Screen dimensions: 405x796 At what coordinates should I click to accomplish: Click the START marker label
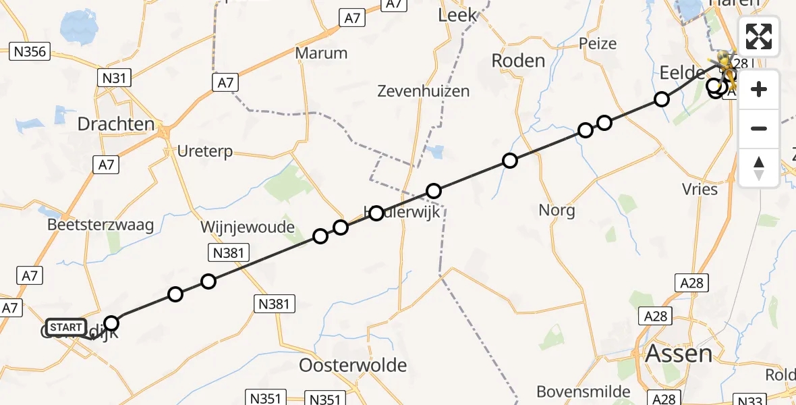(65, 328)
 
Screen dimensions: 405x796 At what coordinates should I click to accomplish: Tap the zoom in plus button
(759, 89)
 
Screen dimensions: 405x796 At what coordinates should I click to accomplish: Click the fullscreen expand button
(759, 36)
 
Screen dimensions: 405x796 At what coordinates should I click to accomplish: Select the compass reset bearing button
(759, 167)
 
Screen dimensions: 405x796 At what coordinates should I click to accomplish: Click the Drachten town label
(116, 124)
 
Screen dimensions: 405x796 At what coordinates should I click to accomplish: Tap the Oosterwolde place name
(353, 366)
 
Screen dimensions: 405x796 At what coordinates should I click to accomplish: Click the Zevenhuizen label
(423, 90)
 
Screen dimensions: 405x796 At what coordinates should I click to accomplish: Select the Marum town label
(321, 53)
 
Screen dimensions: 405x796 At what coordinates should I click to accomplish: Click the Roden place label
(518, 61)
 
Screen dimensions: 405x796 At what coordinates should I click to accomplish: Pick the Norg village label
(557, 211)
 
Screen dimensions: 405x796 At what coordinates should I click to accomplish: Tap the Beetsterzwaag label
(101, 225)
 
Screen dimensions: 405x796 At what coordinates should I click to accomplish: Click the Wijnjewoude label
(248, 227)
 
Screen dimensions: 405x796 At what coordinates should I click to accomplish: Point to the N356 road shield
(30, 51)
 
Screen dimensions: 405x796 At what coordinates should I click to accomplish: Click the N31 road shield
(115, 78)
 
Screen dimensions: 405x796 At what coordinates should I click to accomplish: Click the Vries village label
(700, 189)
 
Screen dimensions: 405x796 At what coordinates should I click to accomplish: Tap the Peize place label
(598, 44)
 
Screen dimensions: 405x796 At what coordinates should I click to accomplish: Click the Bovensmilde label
(584, 391)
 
